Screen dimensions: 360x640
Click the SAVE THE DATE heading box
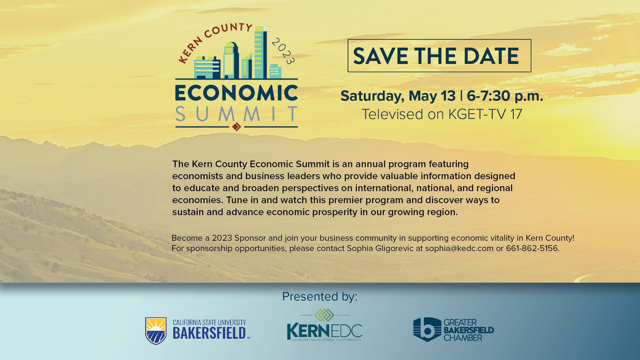click(x=439, y=56)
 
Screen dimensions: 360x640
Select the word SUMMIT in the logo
click(x=236, y=114)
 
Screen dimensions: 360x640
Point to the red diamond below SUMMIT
click(x=236, y=127)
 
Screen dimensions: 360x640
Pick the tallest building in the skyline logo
click(x=260, y=53)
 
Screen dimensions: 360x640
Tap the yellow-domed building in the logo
click(x=230, y=60)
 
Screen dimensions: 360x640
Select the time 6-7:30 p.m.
click(x=505, y=96)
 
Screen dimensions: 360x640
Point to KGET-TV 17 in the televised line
click(x=485, y=114)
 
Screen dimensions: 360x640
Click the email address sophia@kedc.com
click(x=459, y=248)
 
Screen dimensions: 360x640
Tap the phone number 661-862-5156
click(x=532, y=248)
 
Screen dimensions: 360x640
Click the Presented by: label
click(x=320, y=296)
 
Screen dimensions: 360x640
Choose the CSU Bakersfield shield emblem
click(x=156, y=331)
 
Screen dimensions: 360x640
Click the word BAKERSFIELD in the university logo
click(x=209, y=333)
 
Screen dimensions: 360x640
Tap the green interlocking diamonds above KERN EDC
click(x=324, y=315)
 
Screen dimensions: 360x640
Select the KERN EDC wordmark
click(x=324, y=331)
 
